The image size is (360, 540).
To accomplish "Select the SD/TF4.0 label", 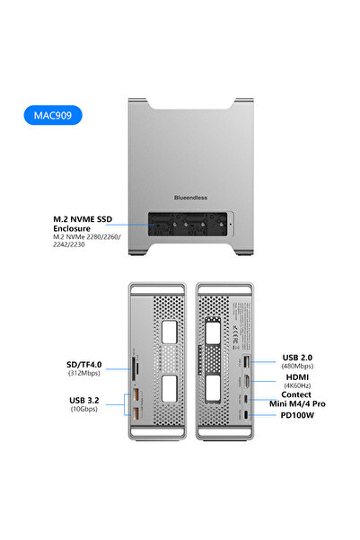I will click(84, 366).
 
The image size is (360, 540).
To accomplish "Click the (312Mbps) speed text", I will click(84, 374).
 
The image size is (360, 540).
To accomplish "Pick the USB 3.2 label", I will click(84, 401).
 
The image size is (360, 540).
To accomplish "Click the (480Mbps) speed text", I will click(296, 366).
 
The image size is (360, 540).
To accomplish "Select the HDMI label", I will click(296, 376).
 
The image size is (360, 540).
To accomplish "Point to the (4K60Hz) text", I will click(296, 385).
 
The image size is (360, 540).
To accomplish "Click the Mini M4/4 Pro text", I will click(296, 404).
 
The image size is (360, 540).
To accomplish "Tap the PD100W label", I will click(296, 416).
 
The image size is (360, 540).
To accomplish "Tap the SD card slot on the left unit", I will click(136, 367).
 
